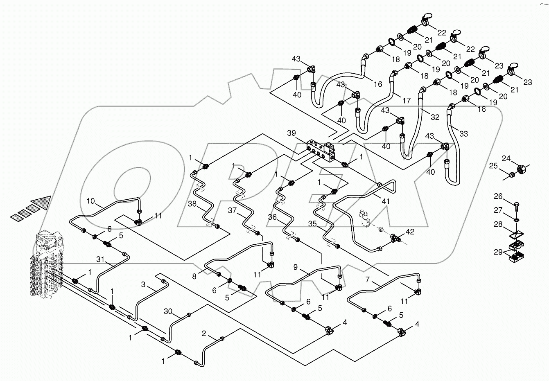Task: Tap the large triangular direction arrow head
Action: point(42,203)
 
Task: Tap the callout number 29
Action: point(498,252)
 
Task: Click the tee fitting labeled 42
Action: point(396,237)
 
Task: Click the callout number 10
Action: point(90,201)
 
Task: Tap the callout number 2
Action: point(204,333)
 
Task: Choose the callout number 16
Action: point(377,84)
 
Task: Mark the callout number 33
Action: point(463,134)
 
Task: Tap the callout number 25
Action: point(494,166)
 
